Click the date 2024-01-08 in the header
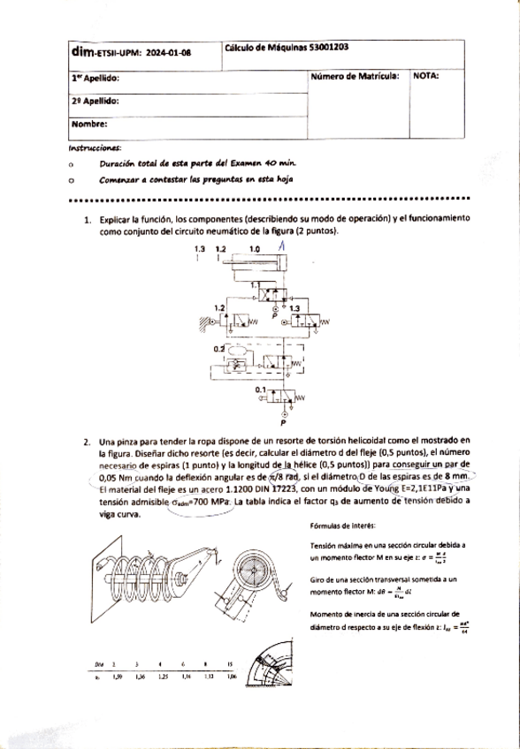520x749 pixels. (x=167, y=52)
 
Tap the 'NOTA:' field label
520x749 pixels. (x=426, y=76)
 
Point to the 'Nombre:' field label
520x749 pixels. (x=89, y=124)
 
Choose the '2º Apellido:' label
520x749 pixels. (x=95, y=101)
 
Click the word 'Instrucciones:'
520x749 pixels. (x=96, y=148)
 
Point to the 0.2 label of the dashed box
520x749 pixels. (x=218, y=350)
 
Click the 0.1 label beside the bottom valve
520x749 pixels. (x=260, y=390)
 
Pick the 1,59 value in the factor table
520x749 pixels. (x=119, y=677)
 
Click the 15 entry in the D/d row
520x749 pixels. (x=229, y=663)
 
